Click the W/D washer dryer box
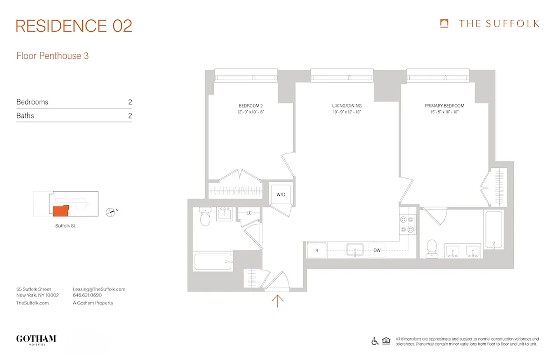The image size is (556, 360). [x=281, y=194]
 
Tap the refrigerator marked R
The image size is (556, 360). [x=316, y=250]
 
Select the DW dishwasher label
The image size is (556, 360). [x=377, y=250]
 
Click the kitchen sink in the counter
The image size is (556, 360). [x=354, y=250]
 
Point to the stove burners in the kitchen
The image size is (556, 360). [x=407, y=225]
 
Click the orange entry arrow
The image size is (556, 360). [x=278, y=301]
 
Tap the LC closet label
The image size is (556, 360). [x=249, y=213]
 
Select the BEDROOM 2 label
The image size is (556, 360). [x=251, y=106]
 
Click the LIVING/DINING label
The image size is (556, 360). [x=347, y=106]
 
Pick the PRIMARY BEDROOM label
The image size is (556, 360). [x=444, y=106]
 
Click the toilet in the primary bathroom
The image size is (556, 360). [x=432, y=247]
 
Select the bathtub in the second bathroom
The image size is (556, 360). [x=213, y=261]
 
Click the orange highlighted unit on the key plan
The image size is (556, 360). [x=60, y=211]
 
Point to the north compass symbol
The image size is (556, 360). [x=110, y=212]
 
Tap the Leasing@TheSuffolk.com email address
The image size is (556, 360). [x=99, y=289]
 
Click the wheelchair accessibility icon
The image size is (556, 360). [x=375, y=341]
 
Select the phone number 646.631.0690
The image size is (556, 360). [x=87, y=296]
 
